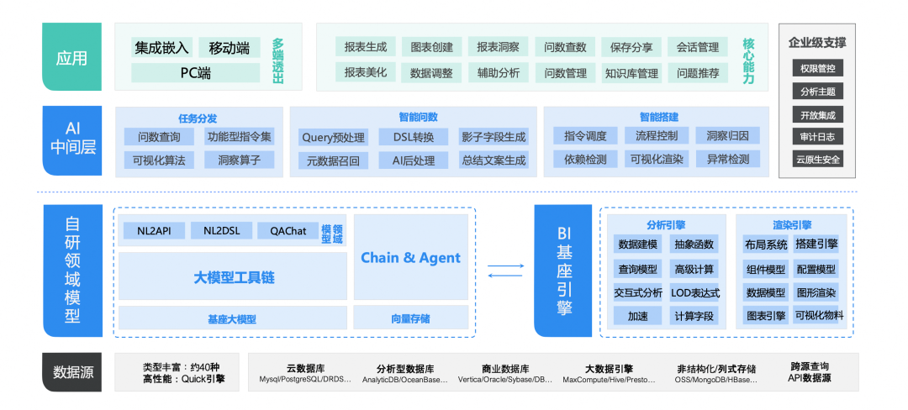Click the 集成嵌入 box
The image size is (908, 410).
coord(161,48)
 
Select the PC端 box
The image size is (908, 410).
coord(196,73)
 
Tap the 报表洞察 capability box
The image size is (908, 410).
coord(498,47)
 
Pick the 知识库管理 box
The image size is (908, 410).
coord(631,73)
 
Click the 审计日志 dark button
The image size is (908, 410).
coord(818,137)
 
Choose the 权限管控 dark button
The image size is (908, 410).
coord(818,69)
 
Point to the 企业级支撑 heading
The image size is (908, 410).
coord(817,43)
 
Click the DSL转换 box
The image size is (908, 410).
coord(414,137)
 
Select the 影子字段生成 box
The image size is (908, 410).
coord(494,137)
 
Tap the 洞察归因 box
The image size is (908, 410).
coord(728,136)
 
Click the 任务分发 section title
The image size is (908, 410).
coord(198,118)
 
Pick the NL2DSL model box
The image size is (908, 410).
coord(221,231)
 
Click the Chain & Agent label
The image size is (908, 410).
coord(410,258)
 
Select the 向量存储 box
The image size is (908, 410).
coord(410,318)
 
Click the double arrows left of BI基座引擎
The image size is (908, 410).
coord(505,271)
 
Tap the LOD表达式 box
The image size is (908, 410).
coord(695,293)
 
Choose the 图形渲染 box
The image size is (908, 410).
coord(816,293)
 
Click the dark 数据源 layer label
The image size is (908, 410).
coord(73,372)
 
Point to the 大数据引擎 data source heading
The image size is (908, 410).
coord(609,368)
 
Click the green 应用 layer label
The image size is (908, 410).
coord(71,57)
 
